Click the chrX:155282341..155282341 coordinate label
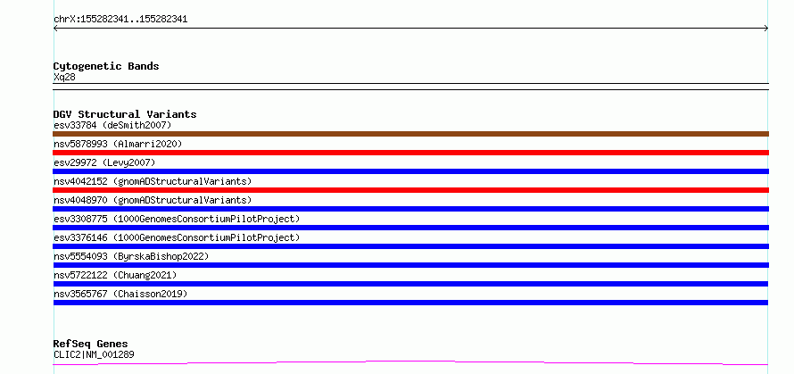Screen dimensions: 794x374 click(x=120, y=20)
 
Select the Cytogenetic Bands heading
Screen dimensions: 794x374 click(x=106, y=66)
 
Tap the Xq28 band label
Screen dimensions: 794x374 click(x=64, y=78)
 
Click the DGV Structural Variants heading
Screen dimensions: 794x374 click(x=125, y=114)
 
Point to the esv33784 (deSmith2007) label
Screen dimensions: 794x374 click(x=112, y=125)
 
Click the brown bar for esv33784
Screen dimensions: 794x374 click(x=410, y=134)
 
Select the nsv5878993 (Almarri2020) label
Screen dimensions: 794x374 click(x=118, y=144)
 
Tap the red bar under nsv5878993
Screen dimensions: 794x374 click(x=410, y=153)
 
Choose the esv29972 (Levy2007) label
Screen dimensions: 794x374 click(x=104, y=162)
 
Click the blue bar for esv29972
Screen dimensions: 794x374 click(x=410, y=171)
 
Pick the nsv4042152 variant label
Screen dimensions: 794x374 click(x=153, y=181)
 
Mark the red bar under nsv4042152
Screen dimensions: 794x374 click(x=410, y=190)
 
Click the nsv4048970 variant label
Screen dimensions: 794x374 click(x=153, y=200)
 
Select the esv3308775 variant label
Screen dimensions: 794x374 click(x=177, y=219)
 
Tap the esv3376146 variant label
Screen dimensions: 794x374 click(x=177, y=237)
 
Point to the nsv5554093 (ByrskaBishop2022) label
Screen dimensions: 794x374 click(x=131, y=256)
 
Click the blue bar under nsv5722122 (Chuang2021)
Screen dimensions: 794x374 click(x=410, y=284)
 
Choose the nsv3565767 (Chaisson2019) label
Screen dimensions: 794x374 click(x=120, y=294)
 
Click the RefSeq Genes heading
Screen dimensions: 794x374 click(x=91, y=345)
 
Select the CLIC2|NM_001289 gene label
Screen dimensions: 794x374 click(x=94, y=354)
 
